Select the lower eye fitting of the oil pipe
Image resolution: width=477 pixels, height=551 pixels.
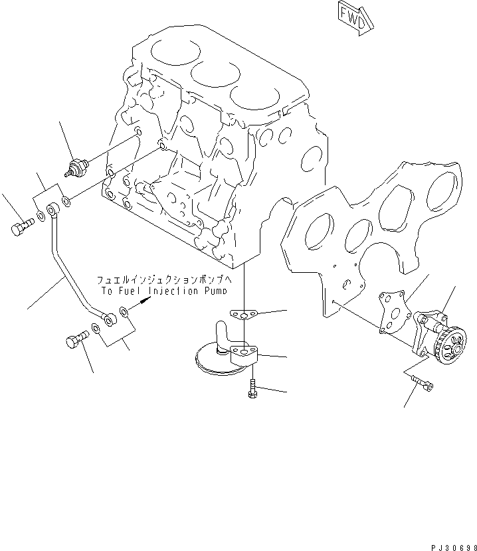109,320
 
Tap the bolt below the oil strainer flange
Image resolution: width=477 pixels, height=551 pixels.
254,388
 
